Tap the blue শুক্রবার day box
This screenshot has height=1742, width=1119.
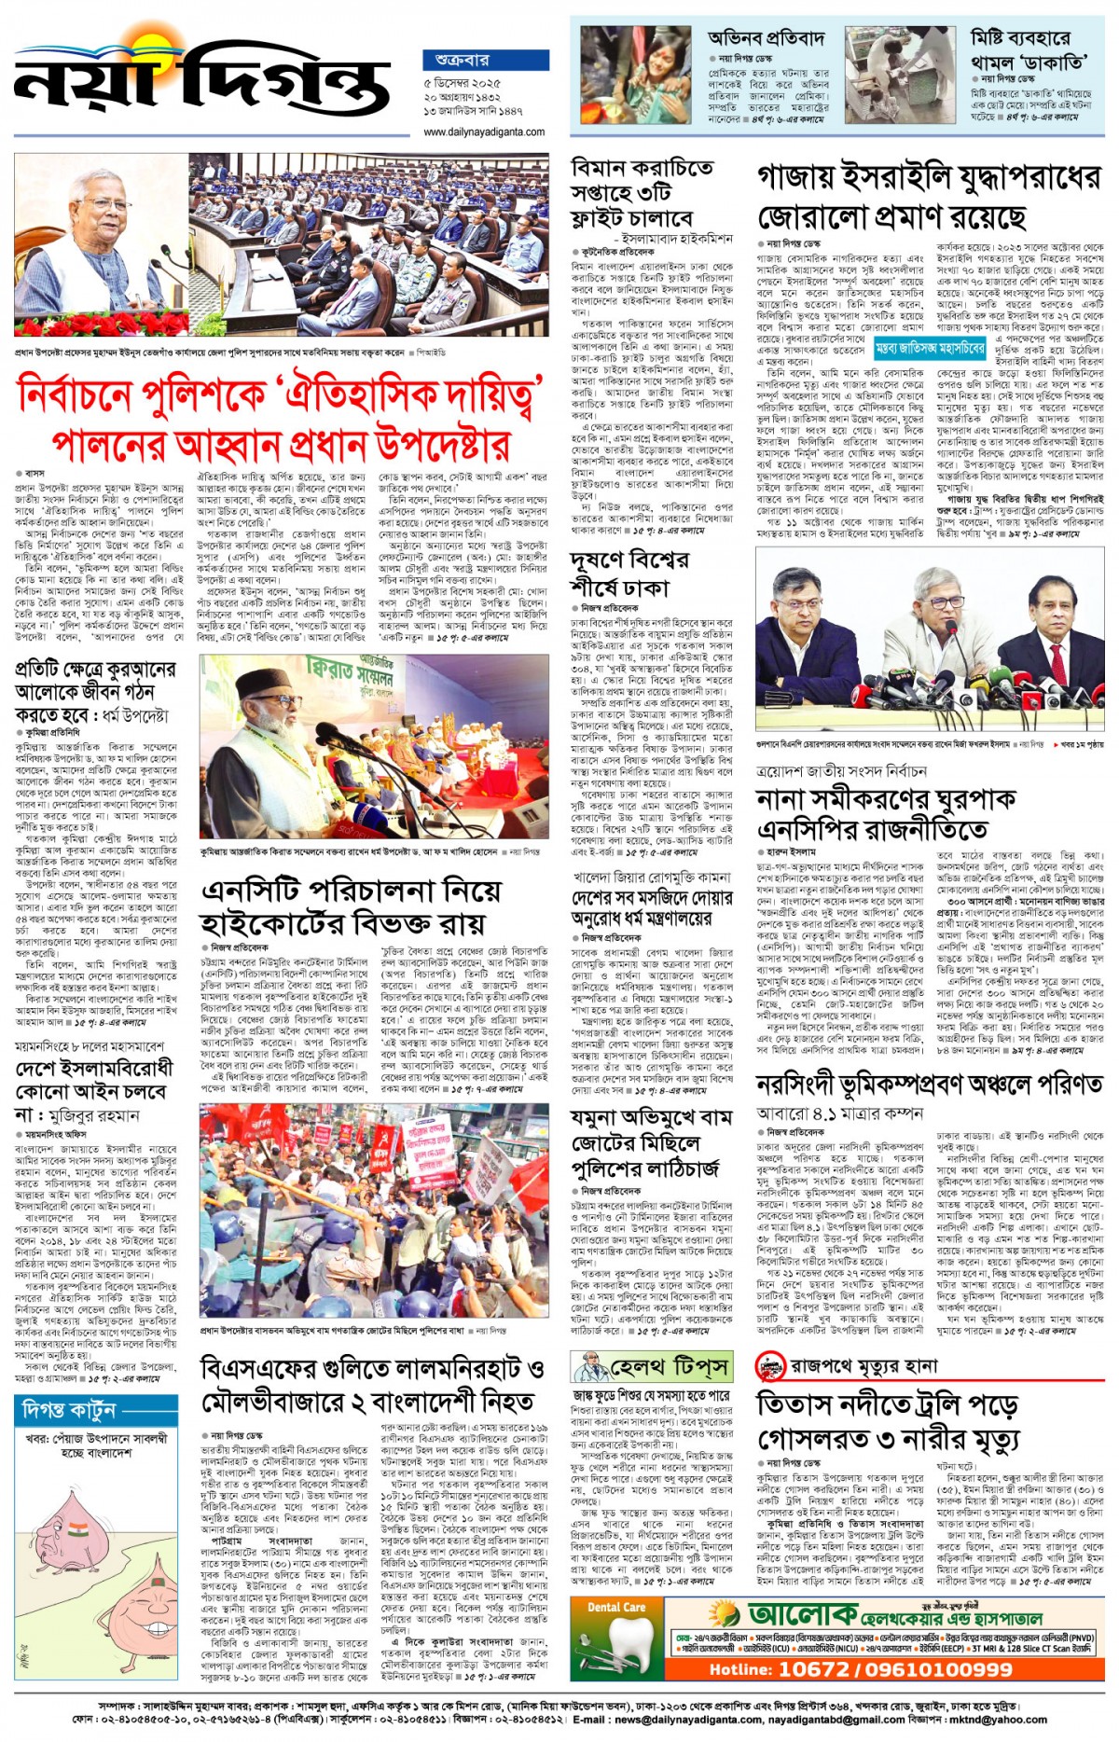coord(485,60)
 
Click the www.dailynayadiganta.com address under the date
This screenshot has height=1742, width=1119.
coord(484,131)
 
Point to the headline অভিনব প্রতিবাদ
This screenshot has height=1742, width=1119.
coord(767,38)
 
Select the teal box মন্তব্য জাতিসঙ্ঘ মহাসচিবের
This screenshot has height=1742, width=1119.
coord(930,349)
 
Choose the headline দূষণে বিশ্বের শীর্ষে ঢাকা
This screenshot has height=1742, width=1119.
coord(629,573)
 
